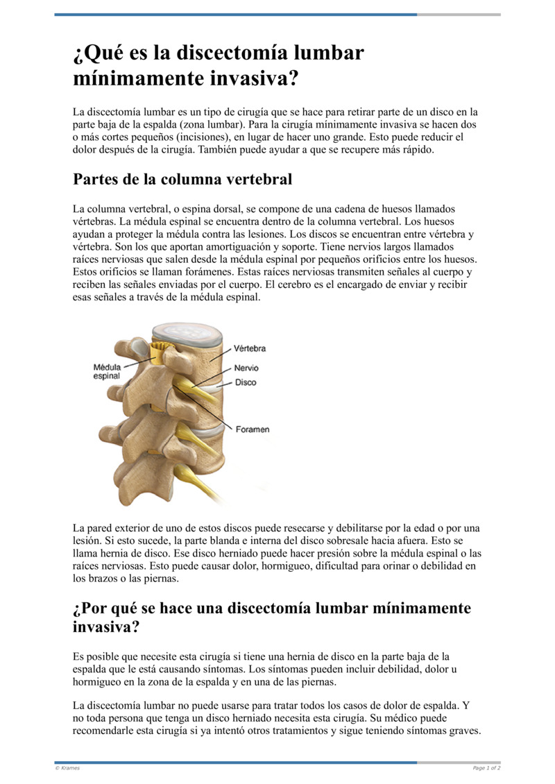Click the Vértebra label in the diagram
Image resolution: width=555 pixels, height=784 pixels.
point(250,348)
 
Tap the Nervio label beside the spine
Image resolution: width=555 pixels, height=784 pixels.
point(246,368)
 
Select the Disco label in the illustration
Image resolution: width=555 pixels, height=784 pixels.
point(246,382)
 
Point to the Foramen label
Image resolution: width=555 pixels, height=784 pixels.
point(253,429)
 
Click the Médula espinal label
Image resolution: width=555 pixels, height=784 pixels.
point(107,370)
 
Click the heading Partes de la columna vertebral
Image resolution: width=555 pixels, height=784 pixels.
point(182,179)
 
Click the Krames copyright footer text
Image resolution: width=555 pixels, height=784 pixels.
point(67,768)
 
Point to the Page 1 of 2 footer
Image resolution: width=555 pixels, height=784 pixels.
point(486,768)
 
